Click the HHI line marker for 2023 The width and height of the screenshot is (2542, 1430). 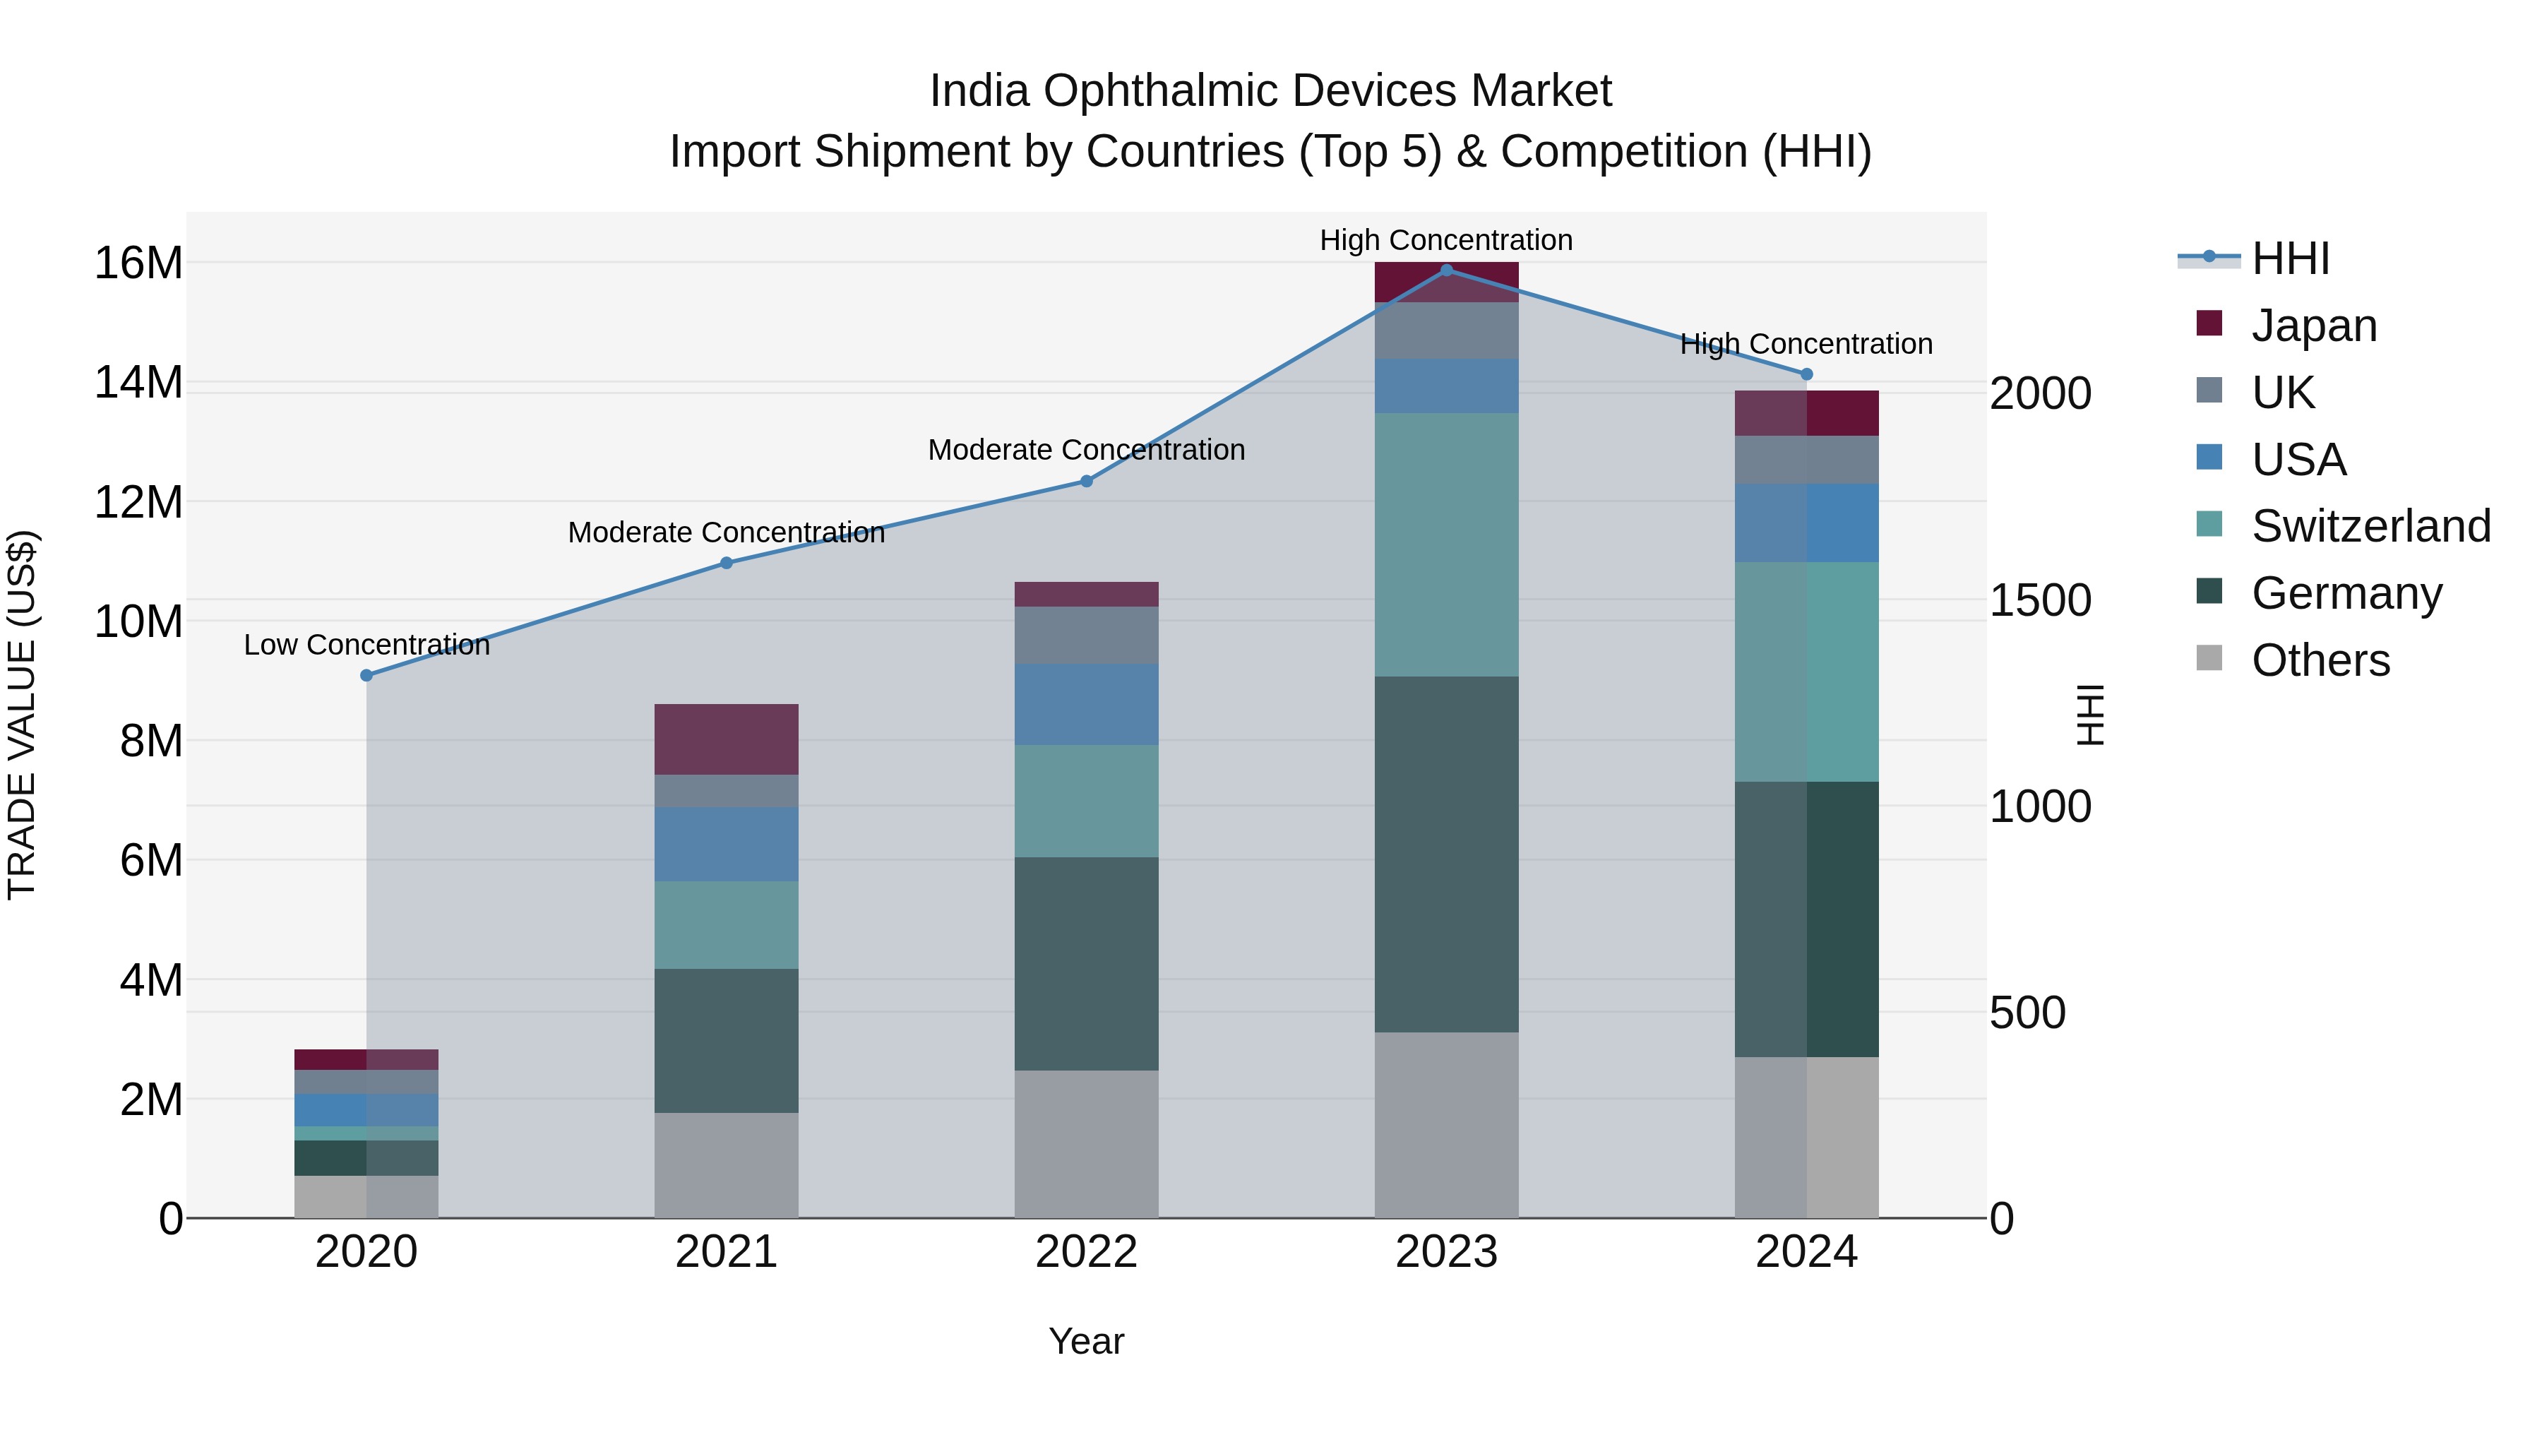1447,270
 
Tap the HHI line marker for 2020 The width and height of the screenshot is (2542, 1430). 366,675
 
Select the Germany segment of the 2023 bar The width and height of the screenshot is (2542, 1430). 1447,854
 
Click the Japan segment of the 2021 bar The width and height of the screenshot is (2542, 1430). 727,739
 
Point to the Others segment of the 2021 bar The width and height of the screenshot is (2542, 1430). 727,1164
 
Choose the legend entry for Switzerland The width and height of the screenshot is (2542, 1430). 2369,526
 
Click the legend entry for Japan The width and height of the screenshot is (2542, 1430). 2313,326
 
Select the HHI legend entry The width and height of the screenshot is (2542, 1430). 2289,258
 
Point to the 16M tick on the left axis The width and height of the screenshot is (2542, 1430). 138,263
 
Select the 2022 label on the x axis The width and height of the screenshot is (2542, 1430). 1087,1252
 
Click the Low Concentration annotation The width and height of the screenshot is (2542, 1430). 366,645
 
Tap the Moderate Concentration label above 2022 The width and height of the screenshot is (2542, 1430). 1087,450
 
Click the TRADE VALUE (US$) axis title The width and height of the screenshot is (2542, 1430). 22,715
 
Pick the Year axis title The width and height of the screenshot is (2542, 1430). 1087,1341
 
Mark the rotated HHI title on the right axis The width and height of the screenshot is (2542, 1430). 2091,715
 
